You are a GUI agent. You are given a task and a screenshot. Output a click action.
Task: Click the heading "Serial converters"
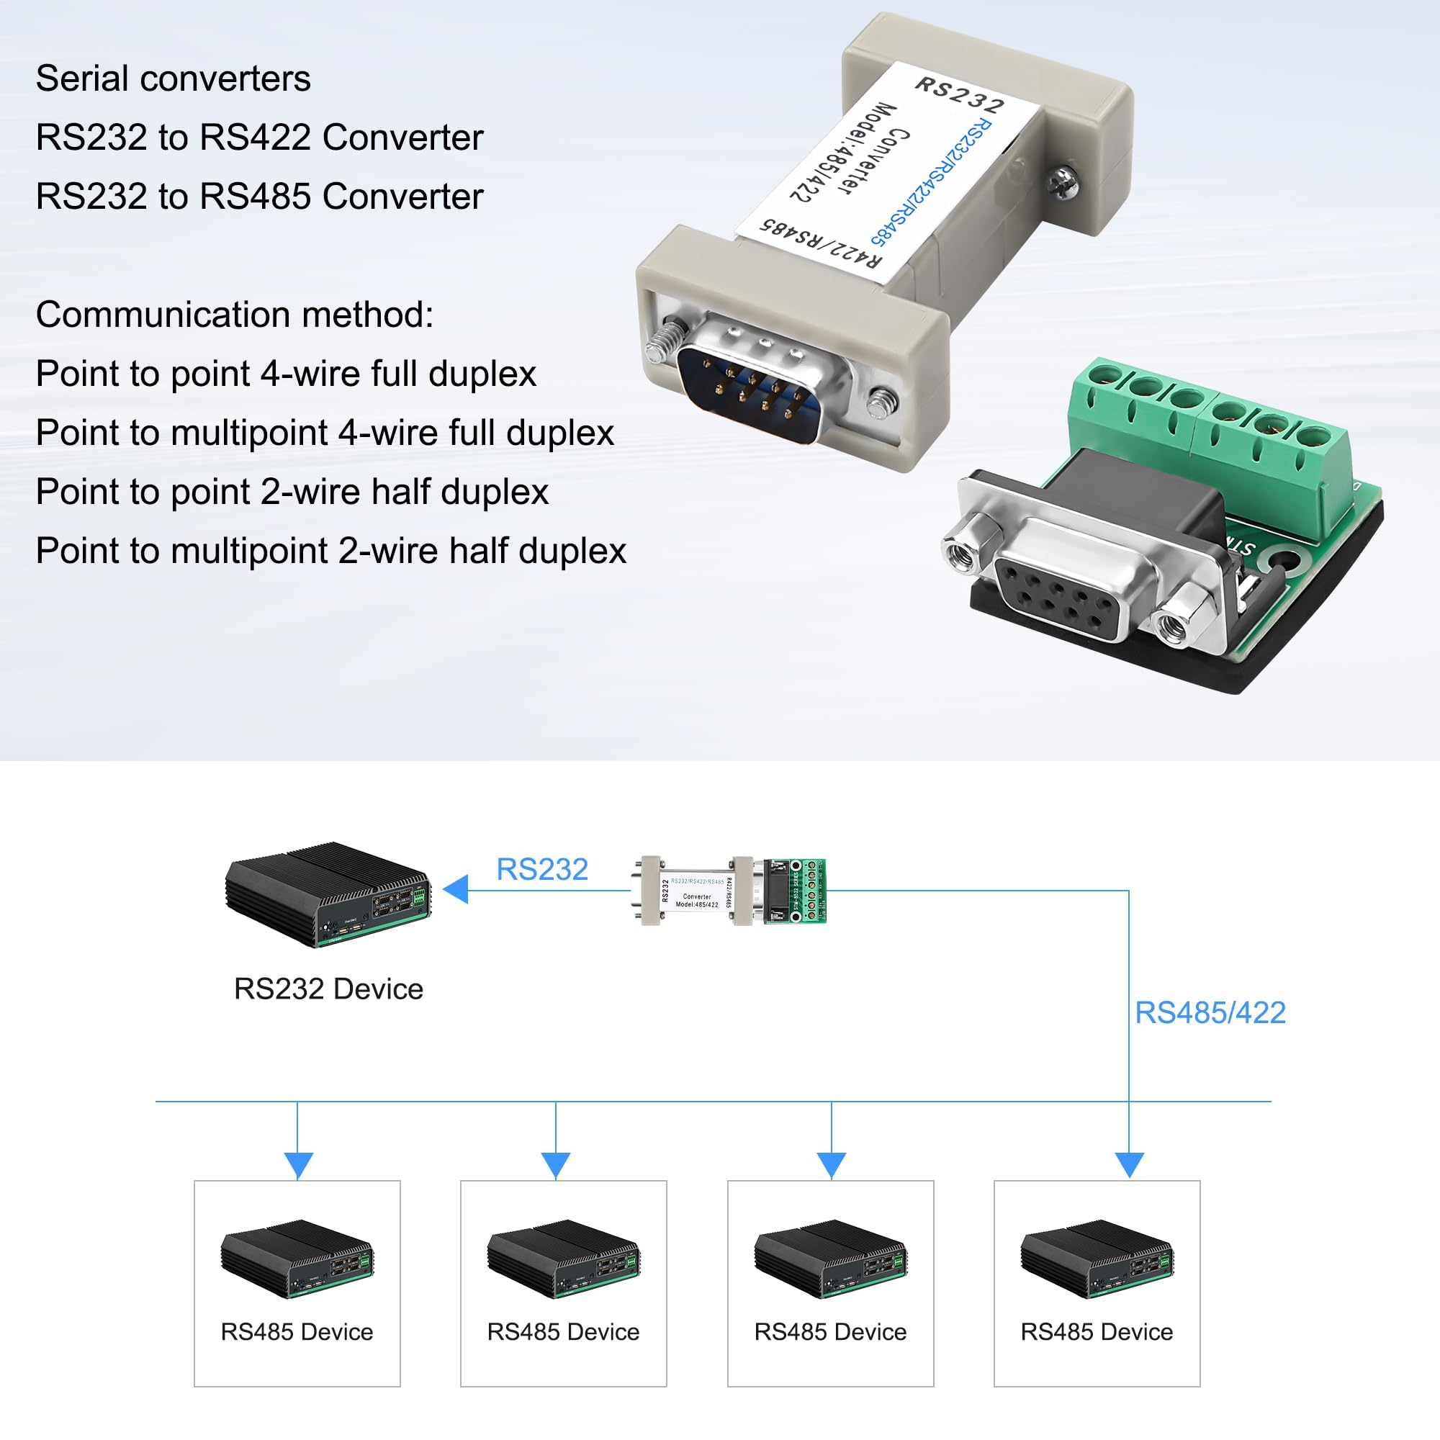tap(173, 79)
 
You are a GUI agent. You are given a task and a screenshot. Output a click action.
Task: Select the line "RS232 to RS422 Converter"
tap(259, 138)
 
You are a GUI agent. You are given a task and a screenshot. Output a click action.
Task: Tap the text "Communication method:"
tap(234, 315)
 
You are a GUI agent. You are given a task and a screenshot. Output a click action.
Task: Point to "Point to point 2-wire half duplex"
tap(292, 492)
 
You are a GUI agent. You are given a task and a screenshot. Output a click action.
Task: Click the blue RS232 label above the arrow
tap(542, 869)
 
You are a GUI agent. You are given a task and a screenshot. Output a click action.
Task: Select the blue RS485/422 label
tap(1210, 1013)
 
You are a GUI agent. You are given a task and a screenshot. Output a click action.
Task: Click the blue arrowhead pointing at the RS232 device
tap(456, 889)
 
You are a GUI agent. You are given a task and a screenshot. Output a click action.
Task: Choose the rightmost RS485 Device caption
tap(1097, 1332)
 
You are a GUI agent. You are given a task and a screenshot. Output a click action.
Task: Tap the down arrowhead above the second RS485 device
tap(555, 1165)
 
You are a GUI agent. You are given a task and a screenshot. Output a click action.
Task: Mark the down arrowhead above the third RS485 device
tap(831, 1165)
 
